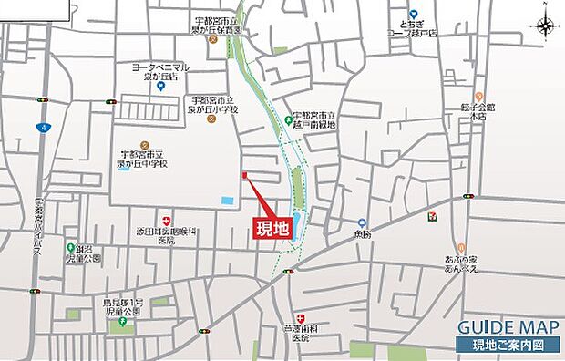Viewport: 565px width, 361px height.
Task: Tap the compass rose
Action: [545, 27]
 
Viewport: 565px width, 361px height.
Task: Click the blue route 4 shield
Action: [42, 127]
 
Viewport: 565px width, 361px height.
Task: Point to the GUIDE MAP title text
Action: [501, 328]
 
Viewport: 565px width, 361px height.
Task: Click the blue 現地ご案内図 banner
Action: [507, 345]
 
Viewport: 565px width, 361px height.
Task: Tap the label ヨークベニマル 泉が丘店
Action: [160, 72]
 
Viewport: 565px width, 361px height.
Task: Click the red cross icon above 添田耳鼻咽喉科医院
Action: [166, 222]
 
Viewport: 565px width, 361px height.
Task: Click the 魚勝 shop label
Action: [363, 235]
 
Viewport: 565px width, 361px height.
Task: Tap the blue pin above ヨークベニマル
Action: [160, 88]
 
